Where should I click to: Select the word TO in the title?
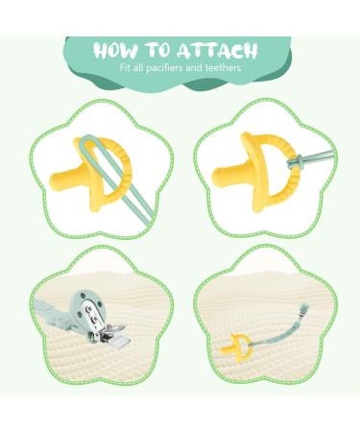click(158, 50)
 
